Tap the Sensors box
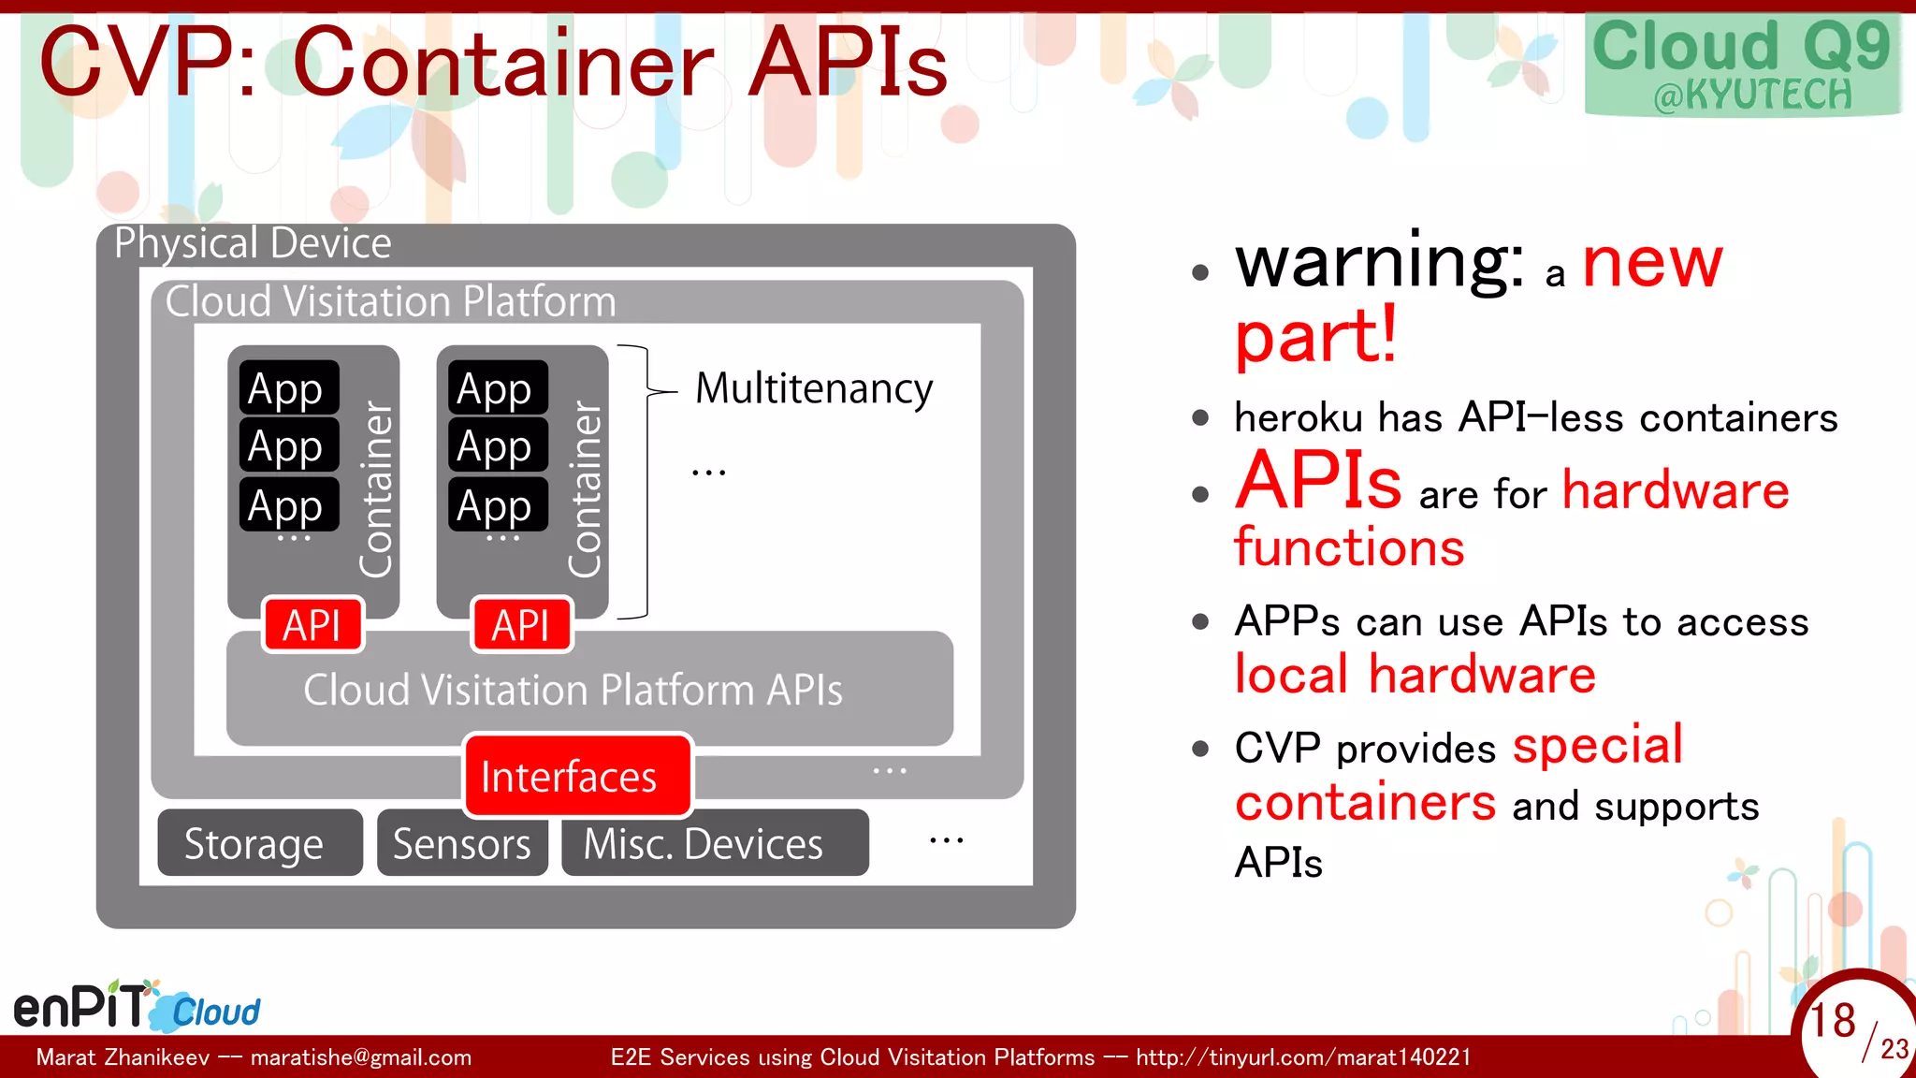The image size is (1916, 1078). pos(462,843)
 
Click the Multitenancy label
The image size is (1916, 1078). pos(814,388)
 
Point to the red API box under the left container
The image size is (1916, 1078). pos(312,625)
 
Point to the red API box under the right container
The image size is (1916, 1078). pos(521,625)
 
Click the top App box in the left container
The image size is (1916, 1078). pos(288,387)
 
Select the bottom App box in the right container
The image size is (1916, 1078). pos(497,505)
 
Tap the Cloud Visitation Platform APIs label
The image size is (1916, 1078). pos(573,690)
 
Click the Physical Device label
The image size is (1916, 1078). pos(253,243)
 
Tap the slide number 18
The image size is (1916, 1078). pos(1832,1020)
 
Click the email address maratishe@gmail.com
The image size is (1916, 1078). pos(361,1057)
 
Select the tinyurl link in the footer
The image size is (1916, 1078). pos(1303,1057)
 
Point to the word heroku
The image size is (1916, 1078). pos(1298,417)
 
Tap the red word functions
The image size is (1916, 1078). pos(1349,547)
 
